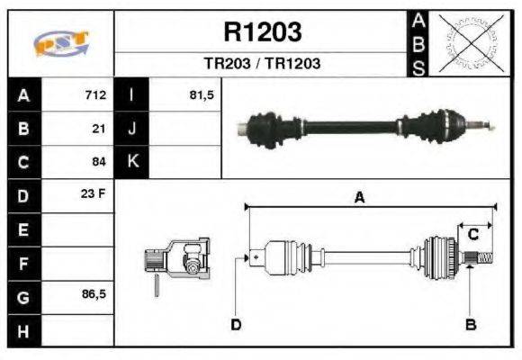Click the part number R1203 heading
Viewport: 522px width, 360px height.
click(262, 33)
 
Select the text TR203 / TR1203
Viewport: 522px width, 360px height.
click(262, 65)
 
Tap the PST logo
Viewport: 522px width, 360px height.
click(60, 44)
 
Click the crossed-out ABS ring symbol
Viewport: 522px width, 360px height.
click(469, 43)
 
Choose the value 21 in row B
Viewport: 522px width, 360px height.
click(100, 129)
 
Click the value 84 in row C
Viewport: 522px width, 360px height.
click(100, 162)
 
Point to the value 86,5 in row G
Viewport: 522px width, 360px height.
click(93, 295)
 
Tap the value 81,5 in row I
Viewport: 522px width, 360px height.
click(201, 95)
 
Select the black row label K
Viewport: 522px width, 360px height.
click(132, 162)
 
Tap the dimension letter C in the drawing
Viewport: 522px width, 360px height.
click(472, 234)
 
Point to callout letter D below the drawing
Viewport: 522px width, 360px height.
click(235, 324)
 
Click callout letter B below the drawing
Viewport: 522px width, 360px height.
click(470, 324)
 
